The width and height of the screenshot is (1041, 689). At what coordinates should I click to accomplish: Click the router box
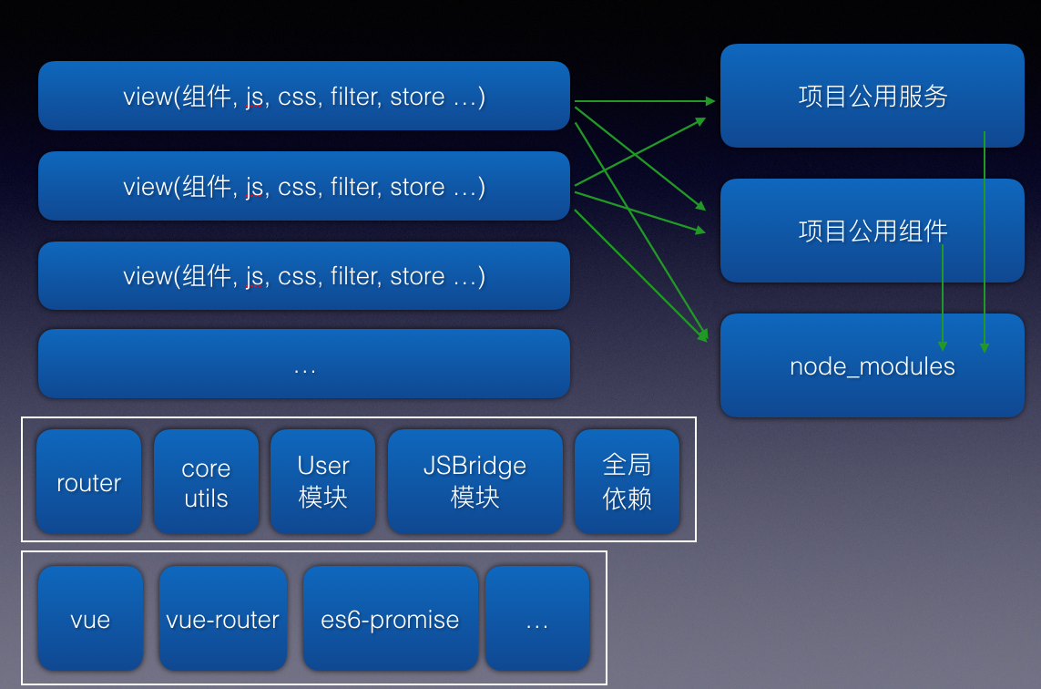pos(89,481)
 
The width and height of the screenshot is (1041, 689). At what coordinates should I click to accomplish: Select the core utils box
pos(206,481)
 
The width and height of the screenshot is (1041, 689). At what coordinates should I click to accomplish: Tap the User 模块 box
pos(322,481)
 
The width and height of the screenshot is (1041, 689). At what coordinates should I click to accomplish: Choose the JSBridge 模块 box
pos(475,481)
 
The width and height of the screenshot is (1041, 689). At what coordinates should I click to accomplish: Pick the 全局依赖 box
pos(627,481)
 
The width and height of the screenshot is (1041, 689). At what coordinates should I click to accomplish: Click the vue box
pos(90,619)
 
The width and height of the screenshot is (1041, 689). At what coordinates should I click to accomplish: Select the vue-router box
pos(222,619)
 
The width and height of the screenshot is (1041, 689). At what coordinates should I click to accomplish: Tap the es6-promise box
pos(390,619)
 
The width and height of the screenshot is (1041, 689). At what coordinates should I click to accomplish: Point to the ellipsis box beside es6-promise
pos(537,619)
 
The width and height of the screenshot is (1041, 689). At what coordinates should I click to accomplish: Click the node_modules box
pos(872,366)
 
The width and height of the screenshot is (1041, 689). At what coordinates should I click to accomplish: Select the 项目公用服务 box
pos(872,96)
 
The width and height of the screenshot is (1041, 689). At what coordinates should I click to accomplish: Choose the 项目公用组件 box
pos(872,231)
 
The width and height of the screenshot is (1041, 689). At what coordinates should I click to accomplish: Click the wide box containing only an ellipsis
pos(303,365)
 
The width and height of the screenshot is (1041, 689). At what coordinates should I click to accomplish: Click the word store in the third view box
pos(417,276)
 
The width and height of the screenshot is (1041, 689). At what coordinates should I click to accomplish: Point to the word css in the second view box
pos(297,187)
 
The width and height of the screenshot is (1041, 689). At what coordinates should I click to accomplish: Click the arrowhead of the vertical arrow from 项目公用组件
pos(943,346)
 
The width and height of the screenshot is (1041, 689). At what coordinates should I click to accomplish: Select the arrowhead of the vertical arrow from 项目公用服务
pos(984,347)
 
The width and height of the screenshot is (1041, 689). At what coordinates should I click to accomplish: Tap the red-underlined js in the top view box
pos(254,98)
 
